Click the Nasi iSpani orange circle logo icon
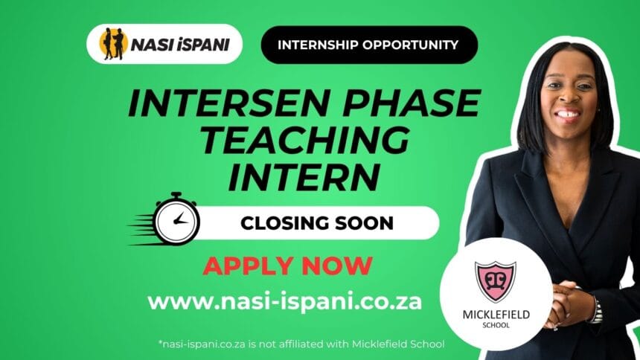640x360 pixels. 113,44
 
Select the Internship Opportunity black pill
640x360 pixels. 369,45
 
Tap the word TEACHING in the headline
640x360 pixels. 305,140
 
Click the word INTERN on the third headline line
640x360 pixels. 304,177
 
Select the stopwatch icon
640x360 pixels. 176,219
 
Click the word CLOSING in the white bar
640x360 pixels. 284,223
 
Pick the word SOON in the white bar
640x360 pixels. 364,223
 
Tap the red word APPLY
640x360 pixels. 248,266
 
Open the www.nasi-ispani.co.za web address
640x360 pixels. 284,302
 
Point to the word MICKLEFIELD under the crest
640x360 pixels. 496,315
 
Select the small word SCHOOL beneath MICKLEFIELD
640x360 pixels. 496,325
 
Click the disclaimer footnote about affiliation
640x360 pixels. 301,344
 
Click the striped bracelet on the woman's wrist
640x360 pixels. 595,310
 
